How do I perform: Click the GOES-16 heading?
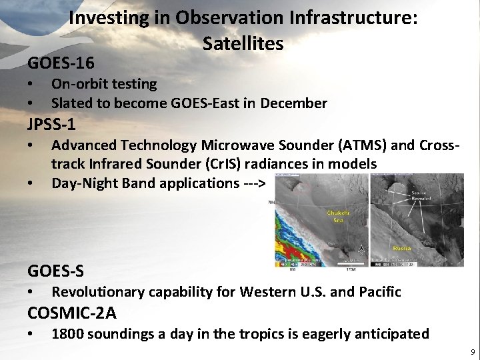coord(61,63)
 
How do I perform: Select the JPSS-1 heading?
coord(51,124)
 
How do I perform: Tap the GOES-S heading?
coord(56,271)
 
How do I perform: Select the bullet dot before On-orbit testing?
coord(30,85)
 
